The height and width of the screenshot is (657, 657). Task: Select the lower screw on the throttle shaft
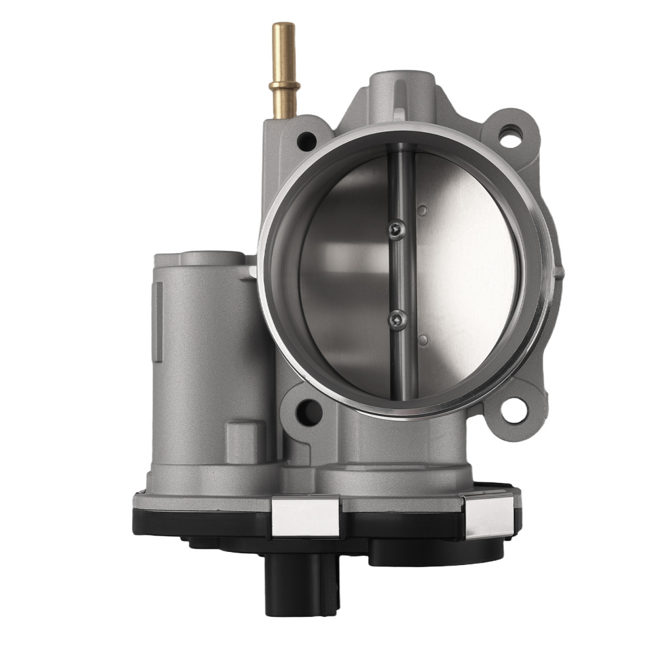point(397,320)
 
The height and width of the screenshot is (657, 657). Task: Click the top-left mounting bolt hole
point(306,140)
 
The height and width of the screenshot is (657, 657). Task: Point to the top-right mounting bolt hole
point(510,136)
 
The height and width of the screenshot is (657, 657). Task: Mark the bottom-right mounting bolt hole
point(513,410)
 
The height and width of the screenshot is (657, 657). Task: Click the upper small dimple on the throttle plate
point(422,211)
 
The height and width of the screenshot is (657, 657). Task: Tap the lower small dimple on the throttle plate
point(422,340)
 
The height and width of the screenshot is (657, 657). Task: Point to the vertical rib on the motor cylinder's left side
point(158,322)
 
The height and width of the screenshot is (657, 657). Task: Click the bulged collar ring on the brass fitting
point(284,87)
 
